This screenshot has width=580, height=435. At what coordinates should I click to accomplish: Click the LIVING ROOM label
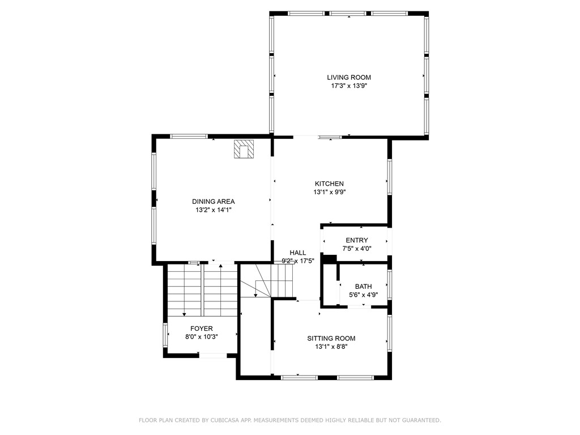(349, 77)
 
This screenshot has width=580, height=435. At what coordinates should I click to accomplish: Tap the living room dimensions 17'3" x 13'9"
(349, 86)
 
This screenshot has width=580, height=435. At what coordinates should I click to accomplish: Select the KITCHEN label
(329, 184)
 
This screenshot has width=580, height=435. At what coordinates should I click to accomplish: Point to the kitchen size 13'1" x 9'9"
(329, 192)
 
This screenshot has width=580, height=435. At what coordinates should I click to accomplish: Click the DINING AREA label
(214, 202)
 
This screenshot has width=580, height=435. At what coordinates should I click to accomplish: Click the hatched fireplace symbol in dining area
(244, 149)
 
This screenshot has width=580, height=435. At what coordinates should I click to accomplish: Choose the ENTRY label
(357, 240)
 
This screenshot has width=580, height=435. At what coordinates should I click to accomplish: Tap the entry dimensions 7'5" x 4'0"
(357, 249)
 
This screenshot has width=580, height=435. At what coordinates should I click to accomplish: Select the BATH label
(364, 286)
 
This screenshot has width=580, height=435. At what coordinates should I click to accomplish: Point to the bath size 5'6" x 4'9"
(364, 295)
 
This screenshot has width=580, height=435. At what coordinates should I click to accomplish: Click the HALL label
(298, 253)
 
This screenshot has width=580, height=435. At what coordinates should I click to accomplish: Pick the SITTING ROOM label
(331, 338)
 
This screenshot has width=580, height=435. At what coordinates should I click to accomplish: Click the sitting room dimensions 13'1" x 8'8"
(331, 347)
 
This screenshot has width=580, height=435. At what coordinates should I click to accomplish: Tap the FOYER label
(202, 329)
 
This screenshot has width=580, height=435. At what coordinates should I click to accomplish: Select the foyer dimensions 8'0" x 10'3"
(202, 337)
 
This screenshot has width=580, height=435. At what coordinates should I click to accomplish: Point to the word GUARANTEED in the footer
(421, 420)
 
